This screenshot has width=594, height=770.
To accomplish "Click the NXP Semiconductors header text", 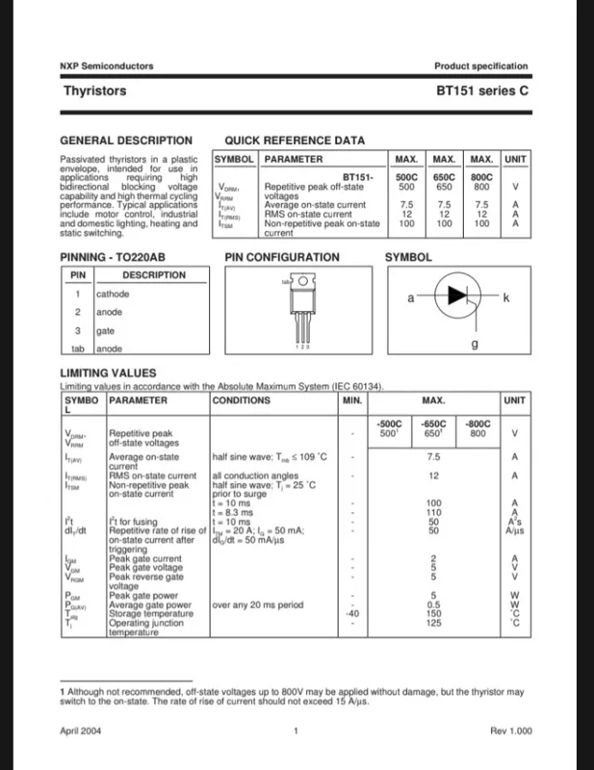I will click(106, 66).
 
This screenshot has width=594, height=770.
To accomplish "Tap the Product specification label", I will click(480, 66).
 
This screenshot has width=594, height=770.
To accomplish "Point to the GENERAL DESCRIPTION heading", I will click(126, 141).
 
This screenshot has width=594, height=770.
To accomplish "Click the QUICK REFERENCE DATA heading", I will click(295, 141).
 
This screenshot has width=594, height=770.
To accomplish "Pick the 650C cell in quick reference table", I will click(444, 178).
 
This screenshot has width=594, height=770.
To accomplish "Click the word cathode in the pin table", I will click(113, 295).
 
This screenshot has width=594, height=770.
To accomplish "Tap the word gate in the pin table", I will click(106, 330).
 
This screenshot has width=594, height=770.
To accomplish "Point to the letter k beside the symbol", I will click(506, 298).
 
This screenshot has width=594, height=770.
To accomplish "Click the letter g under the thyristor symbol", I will click(474, 343).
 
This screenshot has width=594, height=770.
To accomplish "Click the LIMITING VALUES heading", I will click(108, 372).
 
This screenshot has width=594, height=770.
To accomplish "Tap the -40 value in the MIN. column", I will click(353, 613).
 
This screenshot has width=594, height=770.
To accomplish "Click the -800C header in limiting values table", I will click(478, 423).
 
